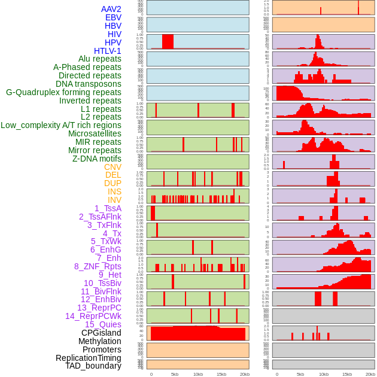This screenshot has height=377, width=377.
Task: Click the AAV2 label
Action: click(x=111, y=9)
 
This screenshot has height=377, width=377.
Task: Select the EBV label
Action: click(x=113, y=17)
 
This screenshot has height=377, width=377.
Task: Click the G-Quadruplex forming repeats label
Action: click(x=63, y=92)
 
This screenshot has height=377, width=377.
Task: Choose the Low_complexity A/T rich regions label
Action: click(x=61, y=125)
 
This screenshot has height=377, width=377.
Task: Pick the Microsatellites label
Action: click(x=95, y=133)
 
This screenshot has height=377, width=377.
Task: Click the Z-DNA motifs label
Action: click(x=97, y=159)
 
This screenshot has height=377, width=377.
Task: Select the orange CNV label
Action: click(x=113, y=167)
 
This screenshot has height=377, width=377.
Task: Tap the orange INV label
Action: click(x=114, y=200)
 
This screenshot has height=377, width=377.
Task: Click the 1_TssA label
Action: click(x=108, y=208)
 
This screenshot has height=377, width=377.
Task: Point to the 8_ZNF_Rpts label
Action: click(x=98, y=266)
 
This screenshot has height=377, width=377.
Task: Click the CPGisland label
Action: click(x=101, y=333)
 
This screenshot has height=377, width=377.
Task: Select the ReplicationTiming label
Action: click(x=88, y=358)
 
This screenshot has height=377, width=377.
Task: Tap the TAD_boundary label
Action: click(x=93, y=366)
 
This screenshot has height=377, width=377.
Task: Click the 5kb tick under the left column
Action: click(x=175, y=374)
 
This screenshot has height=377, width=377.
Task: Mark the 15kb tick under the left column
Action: click(x=221, y=374)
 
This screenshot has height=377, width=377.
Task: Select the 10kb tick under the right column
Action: click(x=323, y=374)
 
